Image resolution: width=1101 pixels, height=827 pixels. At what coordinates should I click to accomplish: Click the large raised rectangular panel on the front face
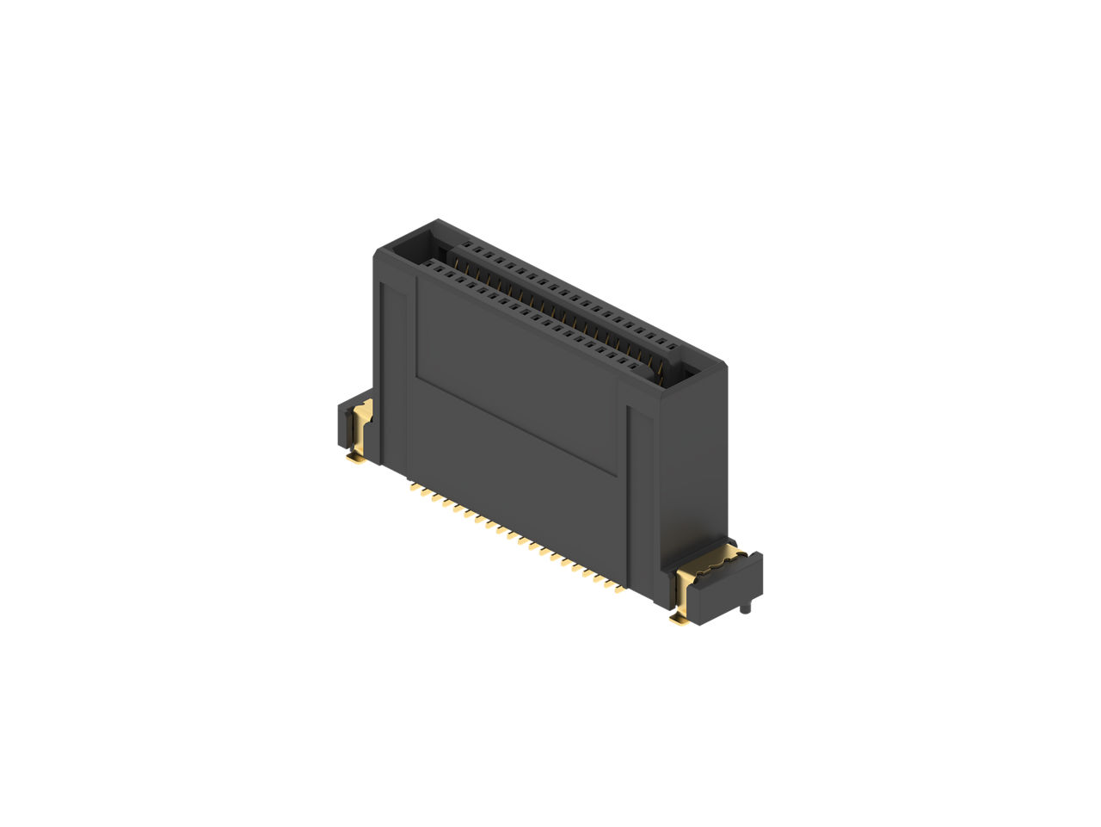tap(516, 379)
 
